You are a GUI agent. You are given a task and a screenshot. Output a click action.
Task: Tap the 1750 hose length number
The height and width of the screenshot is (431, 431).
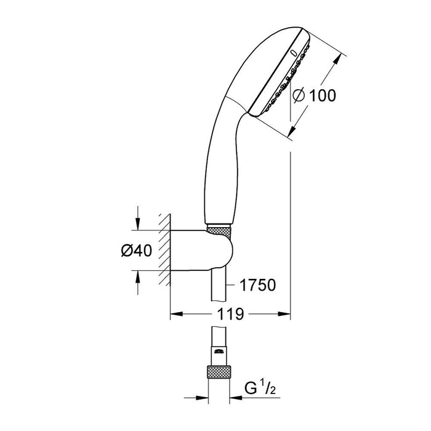tap(254, 285)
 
